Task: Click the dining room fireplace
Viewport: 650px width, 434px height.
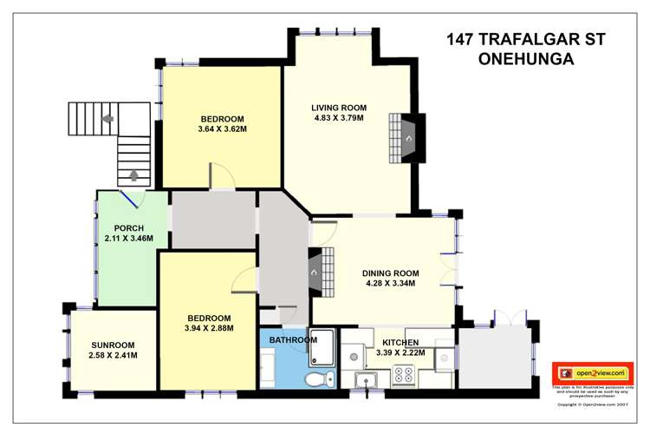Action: [x=318, y=270]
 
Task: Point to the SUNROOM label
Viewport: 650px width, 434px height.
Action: [x=112, y=345]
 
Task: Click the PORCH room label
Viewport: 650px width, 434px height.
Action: [x=128, y=228]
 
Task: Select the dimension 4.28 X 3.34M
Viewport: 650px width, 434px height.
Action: [x=389, y=283]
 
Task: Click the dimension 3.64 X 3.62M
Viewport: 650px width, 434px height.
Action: [x=222, y=130]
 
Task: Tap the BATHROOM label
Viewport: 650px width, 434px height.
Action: [x=293, y=339]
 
